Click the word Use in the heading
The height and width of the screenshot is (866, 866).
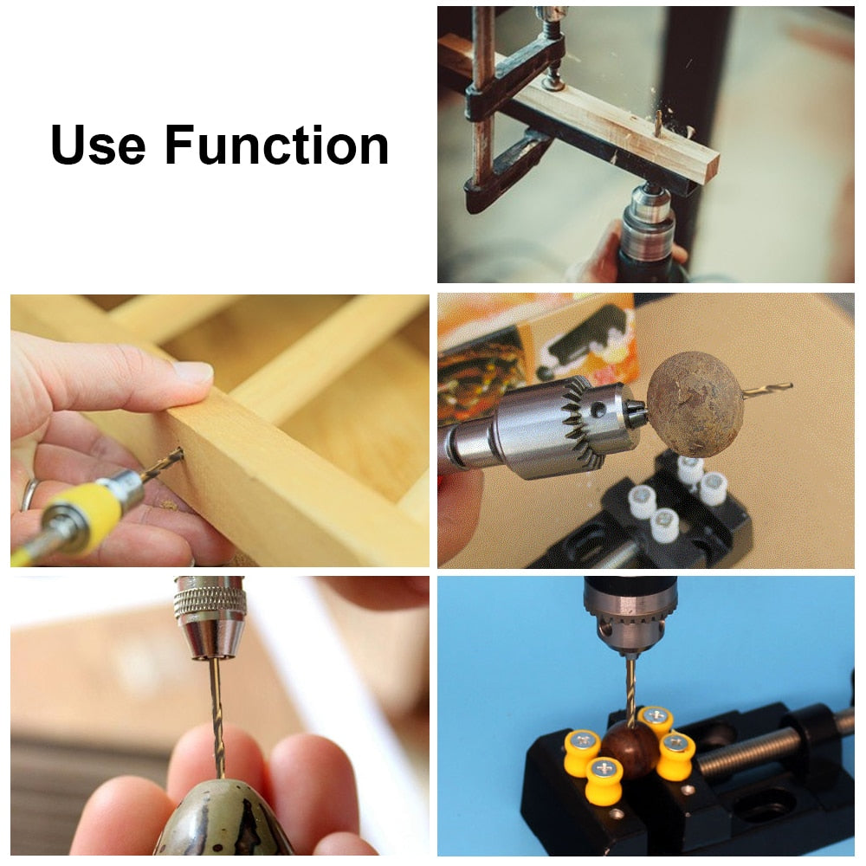[98, 145]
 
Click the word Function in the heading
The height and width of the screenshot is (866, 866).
[276, 145]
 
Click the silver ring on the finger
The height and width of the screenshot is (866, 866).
[29, 494]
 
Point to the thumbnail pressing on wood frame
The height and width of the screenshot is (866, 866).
[192, 372]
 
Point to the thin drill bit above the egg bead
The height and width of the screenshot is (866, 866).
[216, 710]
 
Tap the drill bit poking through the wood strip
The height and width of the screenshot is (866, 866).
[656, 123]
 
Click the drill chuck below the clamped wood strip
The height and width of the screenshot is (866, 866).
[648, 227]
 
